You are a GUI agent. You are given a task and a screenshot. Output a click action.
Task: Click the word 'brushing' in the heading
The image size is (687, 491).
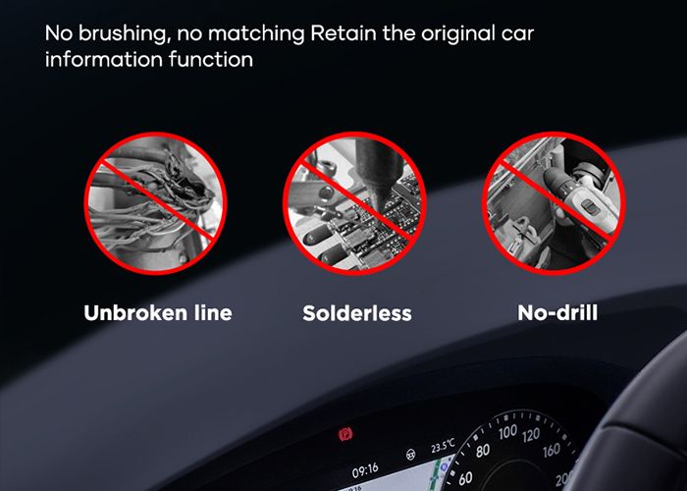(125, 33)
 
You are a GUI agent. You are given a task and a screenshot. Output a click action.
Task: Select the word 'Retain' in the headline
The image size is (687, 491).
(343, 33)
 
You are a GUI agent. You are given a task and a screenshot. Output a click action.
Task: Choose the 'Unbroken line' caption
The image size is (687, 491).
(158, 313)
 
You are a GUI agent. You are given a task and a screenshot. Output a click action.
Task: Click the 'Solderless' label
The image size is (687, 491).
(357, 313)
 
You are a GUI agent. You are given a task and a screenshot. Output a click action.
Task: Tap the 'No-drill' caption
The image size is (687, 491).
(557, 313)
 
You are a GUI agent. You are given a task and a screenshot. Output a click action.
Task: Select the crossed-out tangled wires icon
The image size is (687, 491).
(155, 203)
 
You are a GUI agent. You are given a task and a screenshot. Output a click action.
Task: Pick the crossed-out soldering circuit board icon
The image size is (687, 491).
(355, 203)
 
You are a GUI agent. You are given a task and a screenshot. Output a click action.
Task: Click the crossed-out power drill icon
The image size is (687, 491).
(554, 203)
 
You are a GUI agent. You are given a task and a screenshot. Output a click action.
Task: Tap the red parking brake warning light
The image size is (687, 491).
(345, 435)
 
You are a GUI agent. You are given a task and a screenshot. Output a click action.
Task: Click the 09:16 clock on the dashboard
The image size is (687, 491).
(365, 470)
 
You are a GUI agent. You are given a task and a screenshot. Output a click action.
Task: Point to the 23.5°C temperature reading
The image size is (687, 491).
(443, 446)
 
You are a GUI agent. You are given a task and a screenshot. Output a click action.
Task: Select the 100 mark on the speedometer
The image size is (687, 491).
(507, 432)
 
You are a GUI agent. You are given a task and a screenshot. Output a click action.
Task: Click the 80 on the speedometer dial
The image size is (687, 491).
(483, 450)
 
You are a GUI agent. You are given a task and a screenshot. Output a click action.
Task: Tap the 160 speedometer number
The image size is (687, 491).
(552, 450)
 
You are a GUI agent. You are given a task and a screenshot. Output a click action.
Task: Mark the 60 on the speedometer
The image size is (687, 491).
(465, 478)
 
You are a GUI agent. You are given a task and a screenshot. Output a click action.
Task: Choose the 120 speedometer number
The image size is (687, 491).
(531, 435)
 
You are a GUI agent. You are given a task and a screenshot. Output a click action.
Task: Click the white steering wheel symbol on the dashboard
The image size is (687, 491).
(410, 455)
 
